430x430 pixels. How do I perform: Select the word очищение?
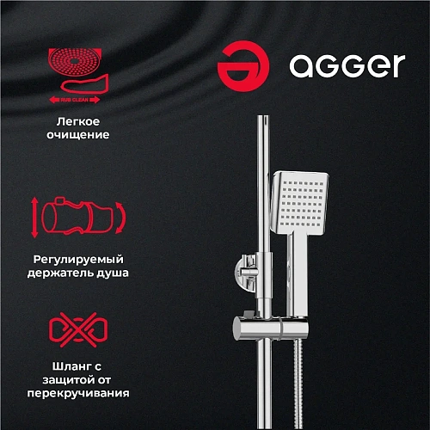point(78,136)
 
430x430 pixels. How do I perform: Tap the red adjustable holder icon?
point(77,217)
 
